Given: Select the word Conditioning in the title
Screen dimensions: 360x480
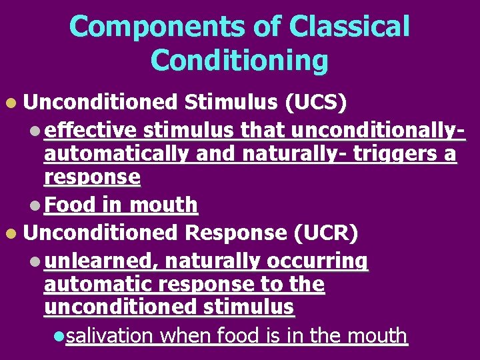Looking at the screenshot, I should tap(239, 61).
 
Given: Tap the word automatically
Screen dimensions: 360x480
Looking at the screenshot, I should tap(117, 154).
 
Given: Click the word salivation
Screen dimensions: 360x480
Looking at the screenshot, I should tap(109, 335).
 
